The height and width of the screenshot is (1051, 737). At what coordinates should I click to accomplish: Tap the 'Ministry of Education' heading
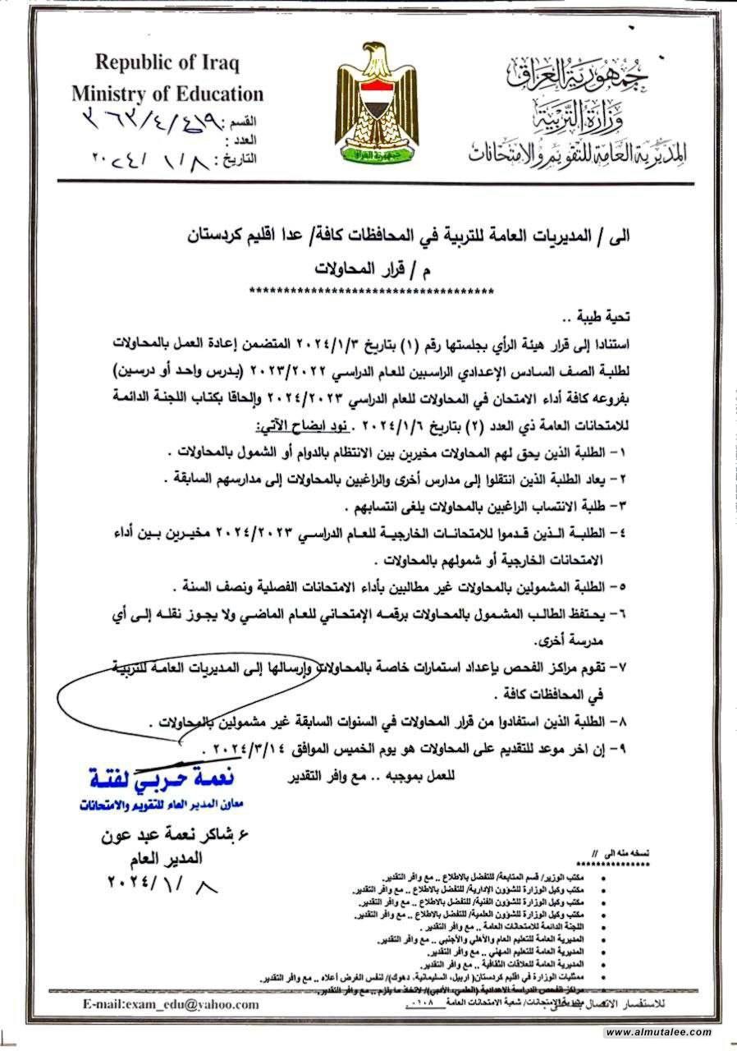167,94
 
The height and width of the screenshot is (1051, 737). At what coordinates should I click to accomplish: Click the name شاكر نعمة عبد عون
151,837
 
